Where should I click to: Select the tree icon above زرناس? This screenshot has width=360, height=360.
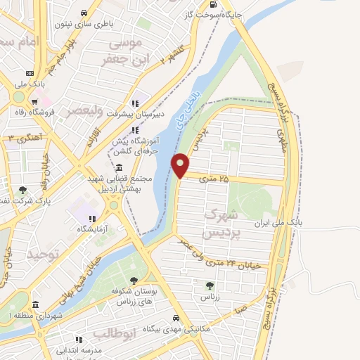pos(209,285)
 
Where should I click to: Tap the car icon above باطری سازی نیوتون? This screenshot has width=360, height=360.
pos(84,13)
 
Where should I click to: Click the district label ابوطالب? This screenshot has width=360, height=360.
pos(113,333)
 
